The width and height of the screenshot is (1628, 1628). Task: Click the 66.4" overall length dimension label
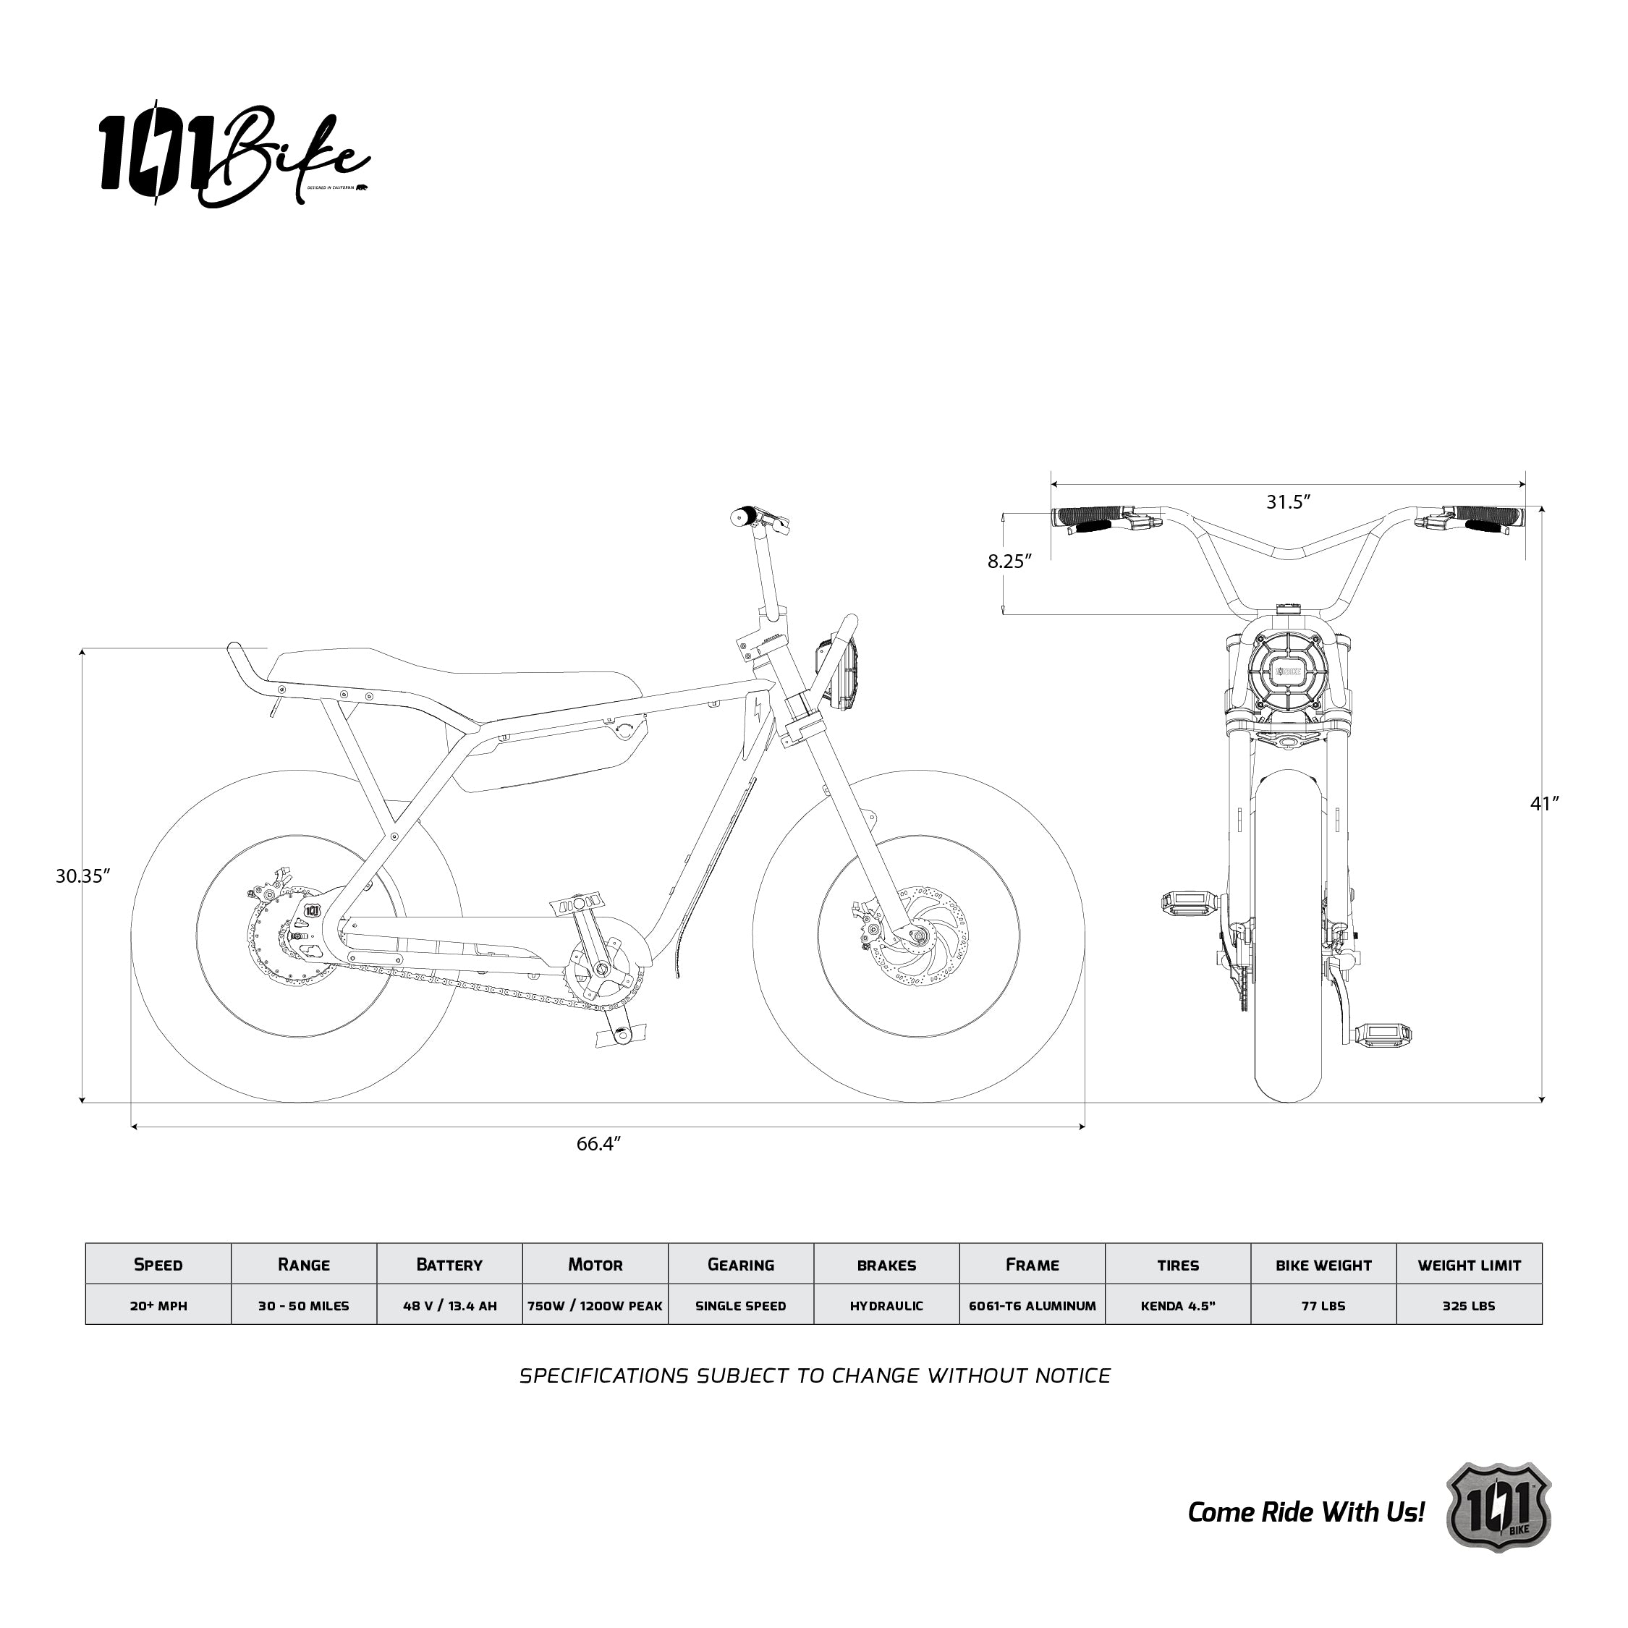point(598,1143)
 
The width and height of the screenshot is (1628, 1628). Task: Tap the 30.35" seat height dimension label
point(82,876)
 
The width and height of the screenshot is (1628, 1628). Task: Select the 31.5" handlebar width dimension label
point(1289,502)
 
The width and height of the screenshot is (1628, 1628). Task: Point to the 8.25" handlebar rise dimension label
point(1009,561)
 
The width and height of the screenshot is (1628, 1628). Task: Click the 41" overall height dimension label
point(1545,804)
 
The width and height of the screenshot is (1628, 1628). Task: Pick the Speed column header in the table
point(158,1264)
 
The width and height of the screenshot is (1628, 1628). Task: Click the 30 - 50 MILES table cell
point(303,1305)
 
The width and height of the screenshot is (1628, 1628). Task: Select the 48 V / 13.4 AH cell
point(449,1305)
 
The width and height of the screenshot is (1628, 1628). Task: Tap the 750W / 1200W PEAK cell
point(595,1305)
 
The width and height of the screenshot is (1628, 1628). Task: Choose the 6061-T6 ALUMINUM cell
point(1033,1305)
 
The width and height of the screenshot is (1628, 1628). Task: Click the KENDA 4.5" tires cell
point(1178,1305)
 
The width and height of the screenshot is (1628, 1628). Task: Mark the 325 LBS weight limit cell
point(1469,1305)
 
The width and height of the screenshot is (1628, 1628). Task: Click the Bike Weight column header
point(1323,1265)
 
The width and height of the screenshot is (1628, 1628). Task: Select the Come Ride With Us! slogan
point(1305,1512)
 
